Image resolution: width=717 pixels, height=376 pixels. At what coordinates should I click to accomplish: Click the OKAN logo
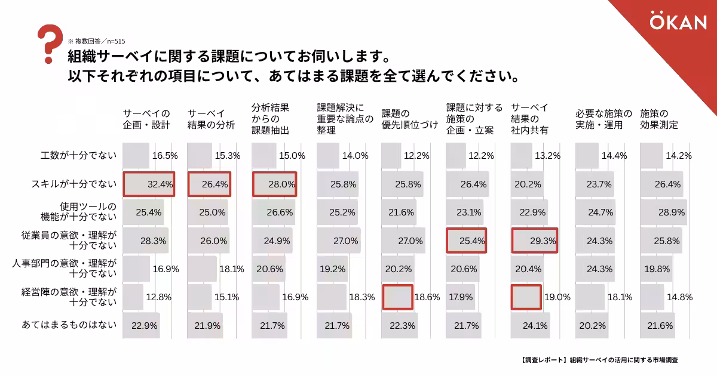pos(678,22)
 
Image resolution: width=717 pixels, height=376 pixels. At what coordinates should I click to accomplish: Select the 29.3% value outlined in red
pos(543,241)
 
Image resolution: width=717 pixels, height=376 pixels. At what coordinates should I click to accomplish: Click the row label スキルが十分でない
pos(73,184)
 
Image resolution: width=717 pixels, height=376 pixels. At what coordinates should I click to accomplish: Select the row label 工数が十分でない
pos(78,156)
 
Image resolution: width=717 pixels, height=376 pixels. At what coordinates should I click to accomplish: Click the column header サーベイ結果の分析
pos(211,119)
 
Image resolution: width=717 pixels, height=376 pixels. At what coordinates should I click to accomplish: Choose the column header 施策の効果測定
pos(659,119)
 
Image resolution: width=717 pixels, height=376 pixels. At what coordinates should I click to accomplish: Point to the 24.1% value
pos(535,326)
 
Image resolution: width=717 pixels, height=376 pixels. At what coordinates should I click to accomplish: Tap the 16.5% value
pos(165,156)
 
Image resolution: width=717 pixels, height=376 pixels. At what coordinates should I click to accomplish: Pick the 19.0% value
pos(557,297)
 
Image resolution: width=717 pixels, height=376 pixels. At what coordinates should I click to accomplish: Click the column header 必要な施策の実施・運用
pos(603,119)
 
